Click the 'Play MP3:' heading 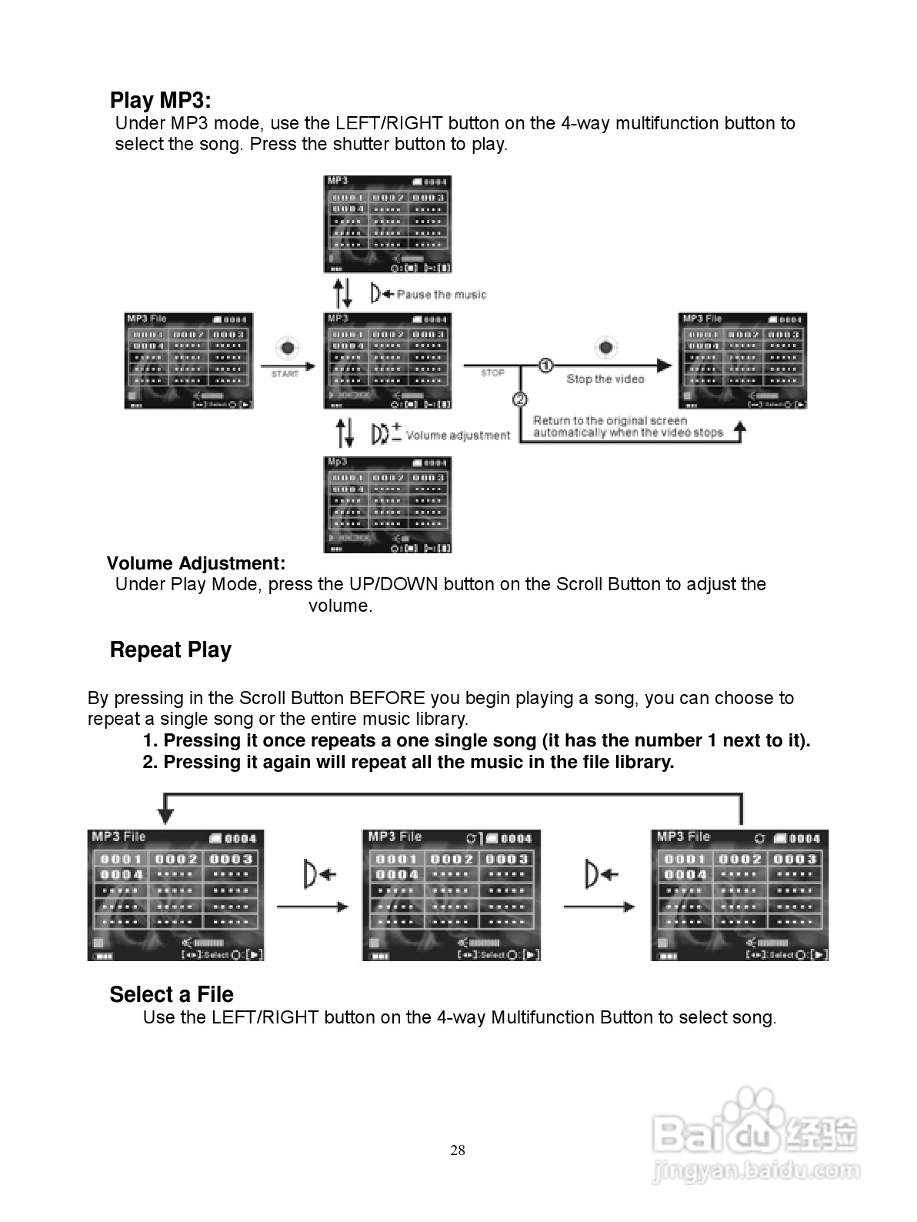pyautogui.click(x=160, y=101)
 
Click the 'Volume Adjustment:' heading pyautogui.click(x=196, y=563)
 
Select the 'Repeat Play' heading pyautogui.click(x=170, y=649)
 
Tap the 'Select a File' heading pyautogui.click(x=172, y=994)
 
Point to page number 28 pyautogui.click(x=458, y=1150)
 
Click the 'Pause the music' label pyautogui.click(x=442, y=295)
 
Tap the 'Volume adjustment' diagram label pyautogui.click(x=458, y=436)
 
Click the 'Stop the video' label pyautogui.click(x=605, y=379)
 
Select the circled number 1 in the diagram pyautogui.click(x=545, y=365)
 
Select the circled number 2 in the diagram pyautogui.click(x=520, y=399)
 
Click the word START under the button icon pyautogui.click(x=285, y=374)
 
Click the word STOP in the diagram pyautogui.click(x=492, y=373)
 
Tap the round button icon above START pyautogui.click(x=287, y=349)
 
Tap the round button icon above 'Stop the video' pyautogui.click(x=606, y=348)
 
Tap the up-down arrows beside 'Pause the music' pyautogui.click(x=342, y=293)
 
